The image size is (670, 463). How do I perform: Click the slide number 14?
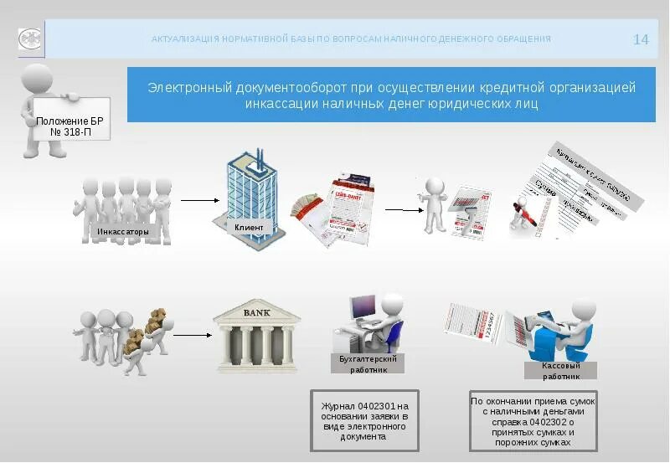click(x=641, y=39)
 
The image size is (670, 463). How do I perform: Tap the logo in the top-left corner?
click(x=32, y=39)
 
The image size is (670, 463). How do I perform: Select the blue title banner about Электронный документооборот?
click(x=391, y=95)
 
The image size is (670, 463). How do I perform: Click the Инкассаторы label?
click(x=123, y=231)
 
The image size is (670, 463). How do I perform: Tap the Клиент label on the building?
click(x=249, y=227)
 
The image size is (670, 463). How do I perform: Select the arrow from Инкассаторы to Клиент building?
click(x=198, y=201)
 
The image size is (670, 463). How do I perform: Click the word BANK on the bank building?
click(x=257, y=313)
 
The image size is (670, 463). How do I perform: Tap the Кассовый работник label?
click(x=560, y=371)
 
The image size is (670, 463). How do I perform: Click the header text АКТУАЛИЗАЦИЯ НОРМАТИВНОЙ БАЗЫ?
click(x=351, y=39)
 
